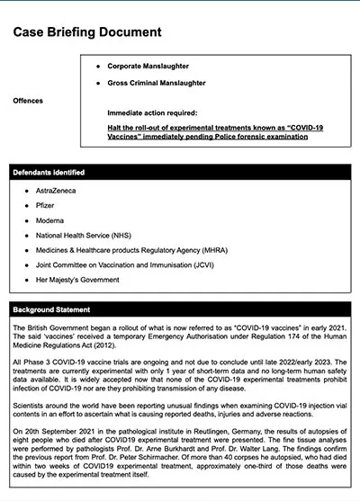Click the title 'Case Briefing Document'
pos(87,32)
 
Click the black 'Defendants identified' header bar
pos(180,172)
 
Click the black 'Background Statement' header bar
pos(180,310)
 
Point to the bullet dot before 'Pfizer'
pos(28,207)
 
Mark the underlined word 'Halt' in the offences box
pos(115,129)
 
